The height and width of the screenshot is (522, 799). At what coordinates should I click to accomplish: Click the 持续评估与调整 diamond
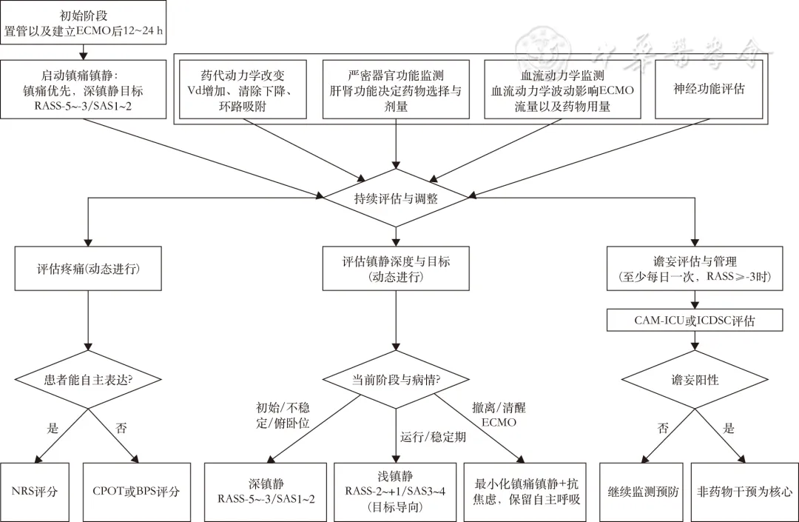(x=396, y=198)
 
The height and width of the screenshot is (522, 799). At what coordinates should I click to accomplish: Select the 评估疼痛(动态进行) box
(x=88, y=267)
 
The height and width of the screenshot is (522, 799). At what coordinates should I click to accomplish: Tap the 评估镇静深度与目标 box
(x=396, y=268)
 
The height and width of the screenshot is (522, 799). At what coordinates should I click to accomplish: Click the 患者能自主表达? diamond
(x=88, y=380)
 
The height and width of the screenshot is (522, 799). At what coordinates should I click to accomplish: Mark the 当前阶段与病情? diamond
(x=396, y=380)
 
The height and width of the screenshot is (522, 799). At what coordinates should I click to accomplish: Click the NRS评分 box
(x=35, y=491)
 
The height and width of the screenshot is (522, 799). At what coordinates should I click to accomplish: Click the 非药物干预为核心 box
(x=744, y=491)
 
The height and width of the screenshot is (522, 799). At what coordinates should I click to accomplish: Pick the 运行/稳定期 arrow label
(x=433, y=437)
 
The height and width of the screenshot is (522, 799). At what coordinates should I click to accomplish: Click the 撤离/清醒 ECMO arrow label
(x=498, y=415)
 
